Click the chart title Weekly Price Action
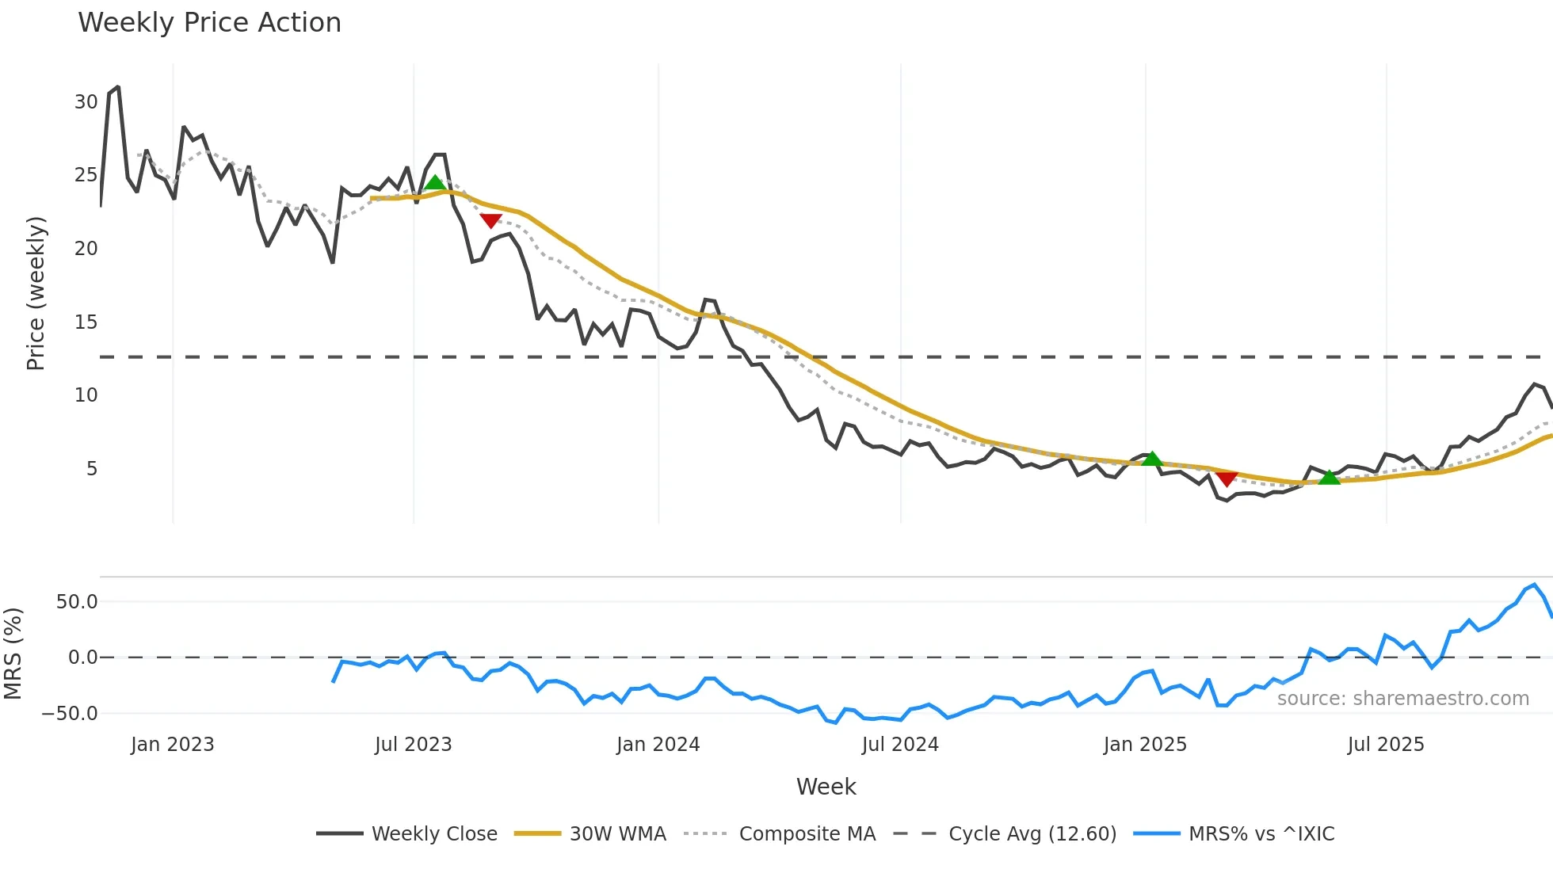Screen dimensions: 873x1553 pyautogui.click(x=209, y=23)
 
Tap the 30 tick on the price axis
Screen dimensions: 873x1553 pyautogui.click(x=86, y=102)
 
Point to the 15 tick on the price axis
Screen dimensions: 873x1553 pyautogui.click(x=86, y=322)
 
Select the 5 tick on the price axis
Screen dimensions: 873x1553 pyautogui.click(x=92, y=469)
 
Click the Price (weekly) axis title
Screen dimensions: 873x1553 pyautogui.click(x=36, y=293)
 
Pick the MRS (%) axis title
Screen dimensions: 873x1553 pyautogui.click(x=13, y=654)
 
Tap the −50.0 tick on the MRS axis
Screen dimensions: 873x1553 pyautogui.click(x=70, y=714)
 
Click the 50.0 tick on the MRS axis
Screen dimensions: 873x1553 pyautogui.click(x=77, y=602)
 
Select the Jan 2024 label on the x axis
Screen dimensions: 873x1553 pyautogui.click(x=658, y=745)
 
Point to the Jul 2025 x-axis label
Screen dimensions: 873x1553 pyautogui.click(x=1386, y=745)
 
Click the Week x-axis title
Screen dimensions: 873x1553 pyautogui.click(x=826, y=787)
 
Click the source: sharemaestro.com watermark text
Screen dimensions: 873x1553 pyautogui.click(x=1402, y=699)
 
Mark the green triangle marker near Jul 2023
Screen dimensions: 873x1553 pyautogui.click(x=434, y=183)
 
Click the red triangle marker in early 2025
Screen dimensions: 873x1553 pyautogui.click(x=1227, y=478)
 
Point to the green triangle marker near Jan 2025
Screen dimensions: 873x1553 pyautogui.click(x=1152, y=459)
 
